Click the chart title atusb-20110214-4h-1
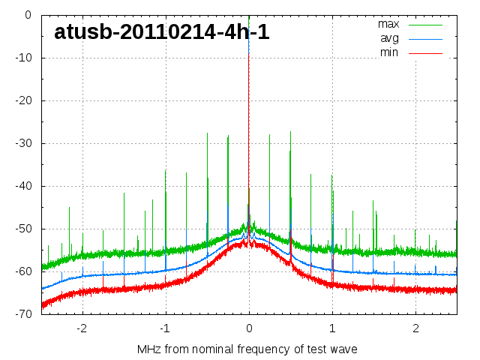point(162,32)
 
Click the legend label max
point(388,24)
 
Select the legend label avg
point(389,38)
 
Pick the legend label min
point(389,52)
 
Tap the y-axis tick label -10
point(22,58)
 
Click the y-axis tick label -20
point(22,100)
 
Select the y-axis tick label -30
point(22,143)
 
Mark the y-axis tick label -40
point(22,186)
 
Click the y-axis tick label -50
point(22,229)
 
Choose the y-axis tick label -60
point(22,271)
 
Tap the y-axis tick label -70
point(22,314)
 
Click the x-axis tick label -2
point(82,328)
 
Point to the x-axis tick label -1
point(165,328)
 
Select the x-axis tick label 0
point(249,328)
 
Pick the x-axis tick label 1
point(332,328)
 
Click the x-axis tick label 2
point(415,328)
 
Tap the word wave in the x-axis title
point(343,349)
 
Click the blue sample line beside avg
point(426,38)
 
